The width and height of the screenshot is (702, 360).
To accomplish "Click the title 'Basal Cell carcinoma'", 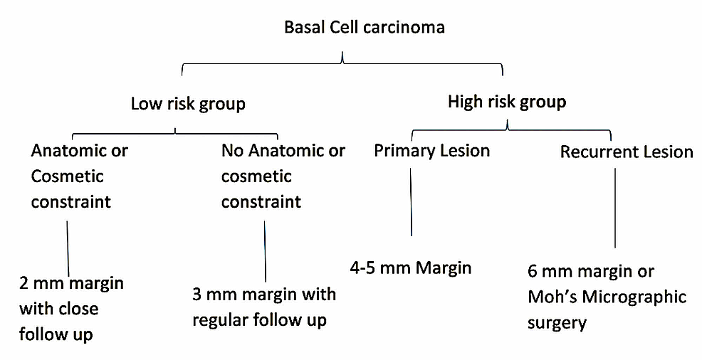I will [x=364, y=28].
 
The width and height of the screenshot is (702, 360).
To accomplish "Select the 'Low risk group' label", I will [x=188, y=104].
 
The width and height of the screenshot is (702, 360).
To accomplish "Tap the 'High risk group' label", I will [x=507, y=102].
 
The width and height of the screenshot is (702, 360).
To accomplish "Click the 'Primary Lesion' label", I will [x=431, y=151].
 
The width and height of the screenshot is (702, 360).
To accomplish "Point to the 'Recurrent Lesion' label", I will [x=627, y=152].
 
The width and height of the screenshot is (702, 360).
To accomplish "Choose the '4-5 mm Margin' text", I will [x=411, y=268].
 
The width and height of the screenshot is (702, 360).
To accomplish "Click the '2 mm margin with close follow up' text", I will [x=71, y=308].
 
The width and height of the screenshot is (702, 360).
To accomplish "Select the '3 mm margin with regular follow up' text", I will [x=264, y=307].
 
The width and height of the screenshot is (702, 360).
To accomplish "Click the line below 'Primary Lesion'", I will [x=412, y=203].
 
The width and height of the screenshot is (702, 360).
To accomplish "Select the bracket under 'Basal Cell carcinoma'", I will [x=343, y=66].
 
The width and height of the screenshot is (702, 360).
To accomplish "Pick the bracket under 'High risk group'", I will [x=507, y=129].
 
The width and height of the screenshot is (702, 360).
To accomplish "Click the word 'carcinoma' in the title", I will [x=407, y=28].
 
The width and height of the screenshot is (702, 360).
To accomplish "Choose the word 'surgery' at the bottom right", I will [x=557, y=323].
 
